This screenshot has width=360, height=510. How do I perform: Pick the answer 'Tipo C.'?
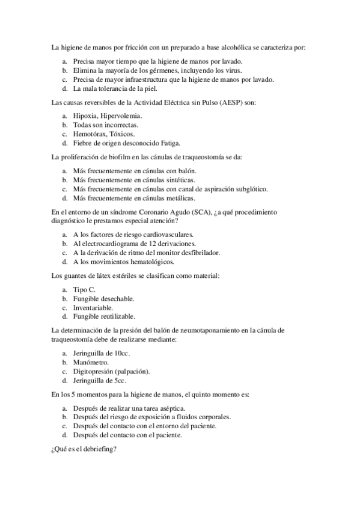click(84, 289)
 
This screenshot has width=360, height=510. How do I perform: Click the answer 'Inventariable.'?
click(93, 307)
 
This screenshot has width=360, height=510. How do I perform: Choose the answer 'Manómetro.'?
click(91, 363)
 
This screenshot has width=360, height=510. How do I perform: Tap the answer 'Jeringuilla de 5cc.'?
click(100, 381)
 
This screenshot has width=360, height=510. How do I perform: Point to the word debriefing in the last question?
click(99, 448)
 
